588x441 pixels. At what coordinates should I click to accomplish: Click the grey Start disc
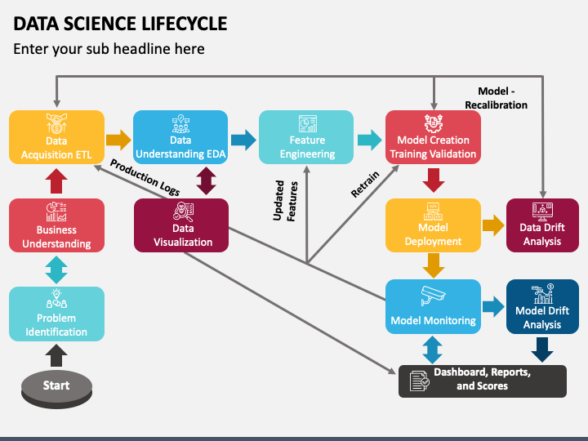click(56, 389)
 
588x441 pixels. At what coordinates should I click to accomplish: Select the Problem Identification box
click(56, 314)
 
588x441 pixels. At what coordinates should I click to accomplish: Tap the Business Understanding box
click(56, 225)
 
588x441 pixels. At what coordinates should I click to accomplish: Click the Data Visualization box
click(181, 225)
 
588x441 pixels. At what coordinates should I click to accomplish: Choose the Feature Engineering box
click(306, 137)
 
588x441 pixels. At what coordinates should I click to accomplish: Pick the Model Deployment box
click(433, 225)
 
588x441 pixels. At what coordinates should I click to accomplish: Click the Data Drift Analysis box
click(542, 225)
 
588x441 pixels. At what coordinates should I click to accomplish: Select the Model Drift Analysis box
click(542, 306)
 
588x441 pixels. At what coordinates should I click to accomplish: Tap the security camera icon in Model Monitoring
click(433, 296)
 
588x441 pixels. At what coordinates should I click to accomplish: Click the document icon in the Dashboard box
click(419, 381)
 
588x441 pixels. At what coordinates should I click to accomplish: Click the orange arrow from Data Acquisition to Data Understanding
click(118, 140)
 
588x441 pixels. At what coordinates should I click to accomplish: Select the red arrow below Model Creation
click(434, 180)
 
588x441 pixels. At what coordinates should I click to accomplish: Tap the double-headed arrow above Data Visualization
click(207, 180)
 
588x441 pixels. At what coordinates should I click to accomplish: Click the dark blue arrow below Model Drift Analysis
click(542, 350)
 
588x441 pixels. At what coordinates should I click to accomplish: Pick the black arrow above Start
click(56, 355)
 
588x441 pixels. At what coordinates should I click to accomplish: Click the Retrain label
click(365, 184)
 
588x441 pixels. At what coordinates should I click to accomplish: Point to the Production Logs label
click(145, 177)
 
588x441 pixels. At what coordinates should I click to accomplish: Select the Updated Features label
click(285, 201)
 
